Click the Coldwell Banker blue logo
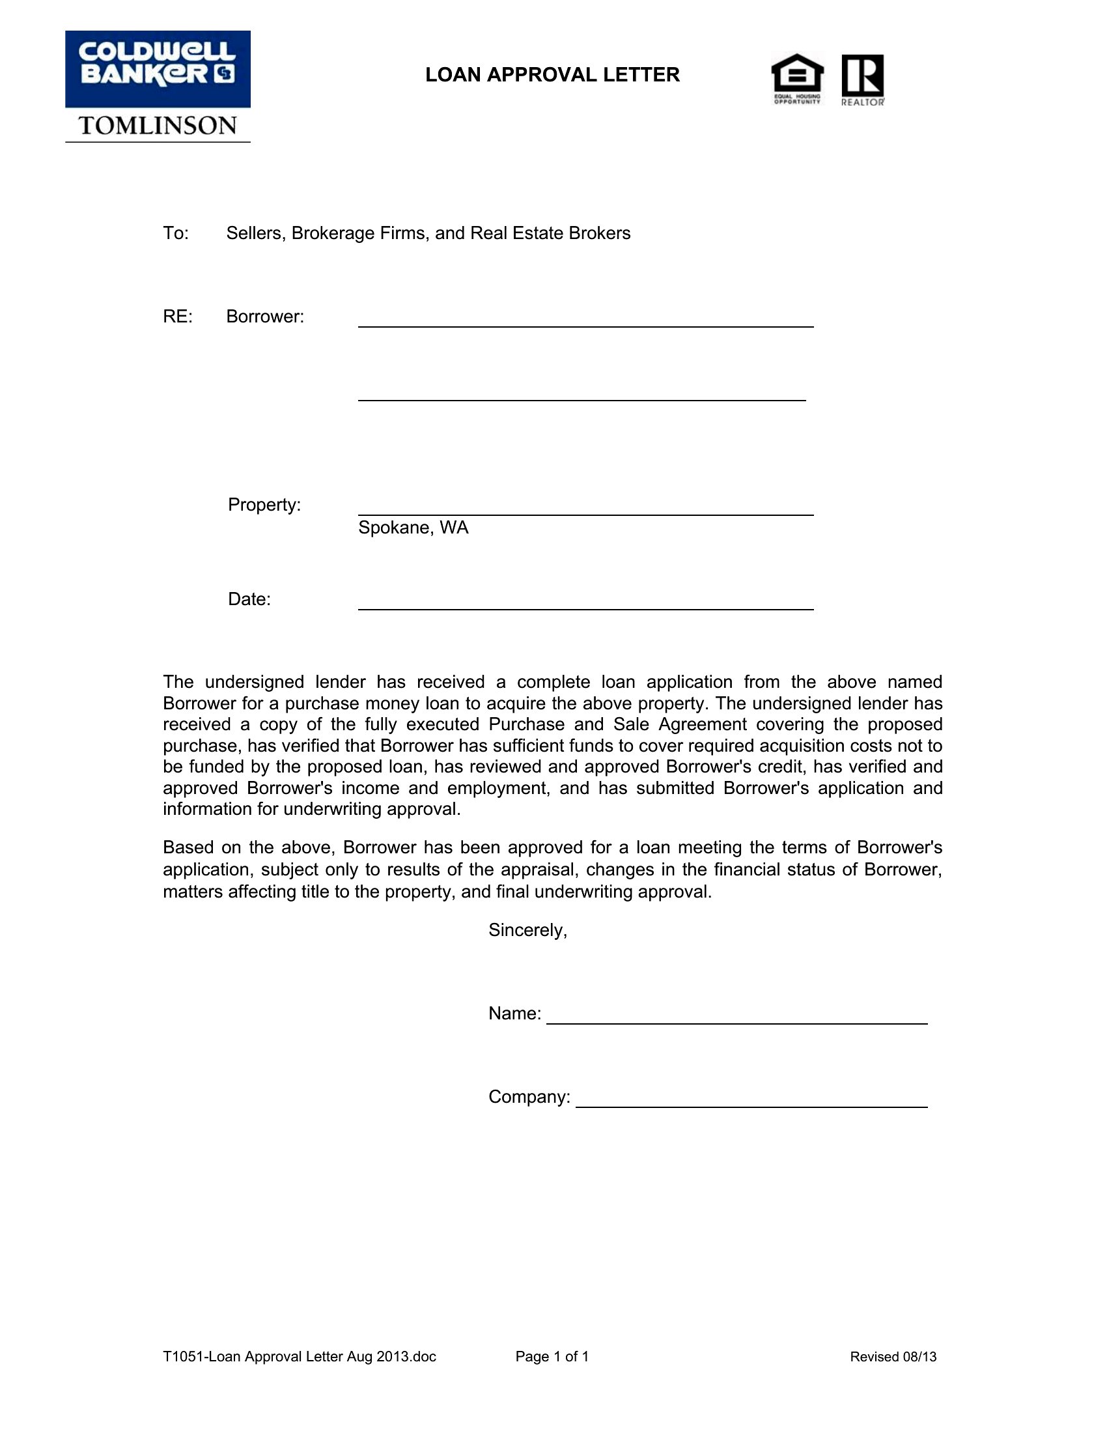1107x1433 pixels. click(x=158, y=69)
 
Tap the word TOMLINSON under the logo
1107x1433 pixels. click(x=158, y=125)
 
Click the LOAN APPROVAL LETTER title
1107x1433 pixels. click(x=552, y=75)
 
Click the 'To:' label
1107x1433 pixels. click(x=176, y=234)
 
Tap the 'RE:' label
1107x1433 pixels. click(x=178, y=317)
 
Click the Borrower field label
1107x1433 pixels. click(x=265, y=317)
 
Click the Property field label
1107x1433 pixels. click(x=264, y=505)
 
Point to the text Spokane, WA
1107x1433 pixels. click(x=413, y=528)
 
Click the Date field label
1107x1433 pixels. click(x=249, y=599)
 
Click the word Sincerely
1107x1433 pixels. click(x=527, y=929)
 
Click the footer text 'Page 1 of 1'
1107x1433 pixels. click(x=552, y=1356)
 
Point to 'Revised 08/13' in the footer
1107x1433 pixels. click(x=893, y=1357)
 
